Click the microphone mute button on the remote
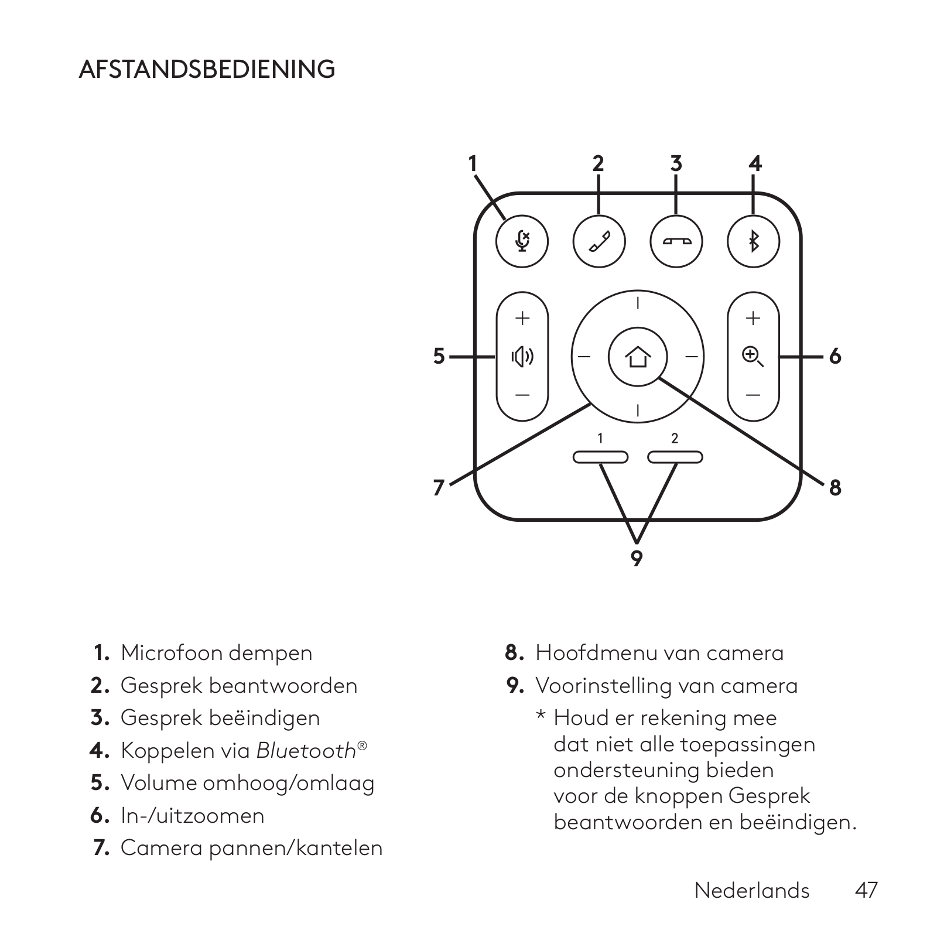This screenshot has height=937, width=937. tap(522, 241)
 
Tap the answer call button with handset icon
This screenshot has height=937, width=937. tap(599, 241)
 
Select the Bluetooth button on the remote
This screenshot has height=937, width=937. tap(753, 241)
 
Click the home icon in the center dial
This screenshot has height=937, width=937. tap(637, 357)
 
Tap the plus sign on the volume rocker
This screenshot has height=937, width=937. tap(522, 318)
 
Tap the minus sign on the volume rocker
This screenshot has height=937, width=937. tap(522, 395)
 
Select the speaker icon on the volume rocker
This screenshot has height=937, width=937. tap(522, 356)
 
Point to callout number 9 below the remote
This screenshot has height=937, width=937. tap(637, 558)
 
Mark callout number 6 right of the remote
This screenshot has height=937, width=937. tap(835, 356)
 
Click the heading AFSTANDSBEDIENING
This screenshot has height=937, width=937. tap(207, 69)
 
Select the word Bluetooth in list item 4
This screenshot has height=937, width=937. tap(306, 751)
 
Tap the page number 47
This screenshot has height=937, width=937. tap(866, 890)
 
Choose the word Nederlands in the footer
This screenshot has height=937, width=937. tap(751, 890)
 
